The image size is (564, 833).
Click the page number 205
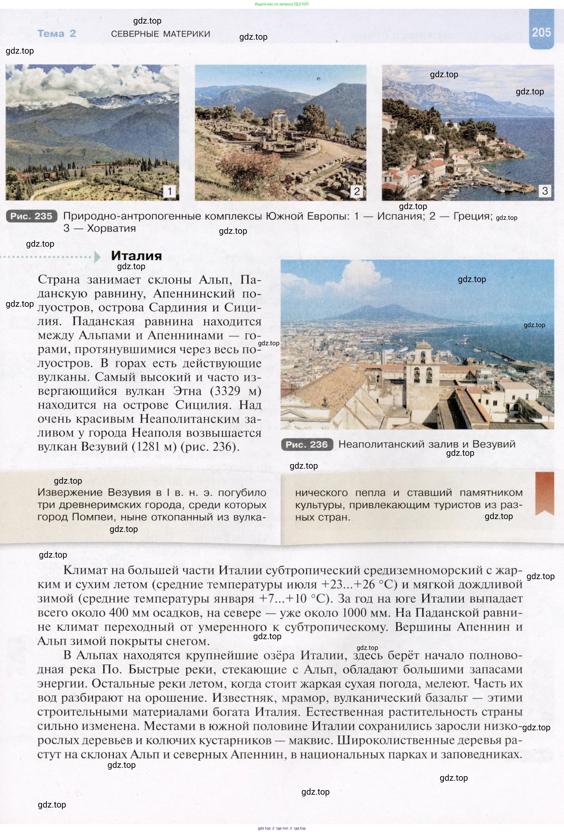(x=541, y=33)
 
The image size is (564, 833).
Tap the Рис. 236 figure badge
(x=307, y=445)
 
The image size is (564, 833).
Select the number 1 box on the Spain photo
(x=169, y=191)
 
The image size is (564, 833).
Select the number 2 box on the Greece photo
(x=357, y=191)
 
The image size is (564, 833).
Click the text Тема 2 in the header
(x=57, y=34)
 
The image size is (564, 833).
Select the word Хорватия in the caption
(x=111, y=228)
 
